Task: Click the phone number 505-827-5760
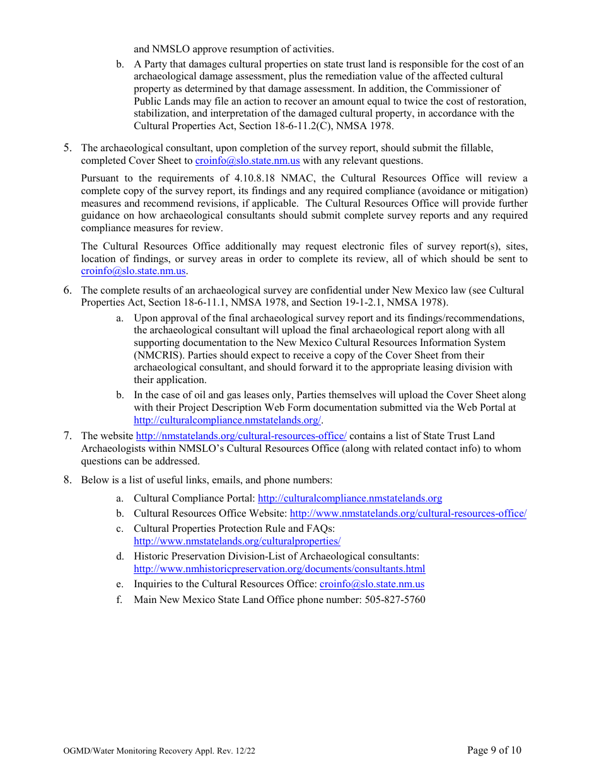[x=395, y=599]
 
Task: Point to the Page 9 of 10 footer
[x=494, y=750]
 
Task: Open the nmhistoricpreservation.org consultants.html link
[x=279, y=569]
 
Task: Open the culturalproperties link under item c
[x=237, y=541]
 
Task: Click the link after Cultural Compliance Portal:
[x=350, y=498]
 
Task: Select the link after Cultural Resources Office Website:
[x=408, y=514]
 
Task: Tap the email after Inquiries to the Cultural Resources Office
[x=372, y=584]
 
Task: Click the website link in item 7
[x=241, y=436]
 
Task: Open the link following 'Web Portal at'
[x=227, y=420]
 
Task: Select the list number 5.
[x=67, y=148]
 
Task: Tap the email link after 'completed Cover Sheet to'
[x=247, y=161]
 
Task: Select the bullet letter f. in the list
[x=119, y=599]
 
